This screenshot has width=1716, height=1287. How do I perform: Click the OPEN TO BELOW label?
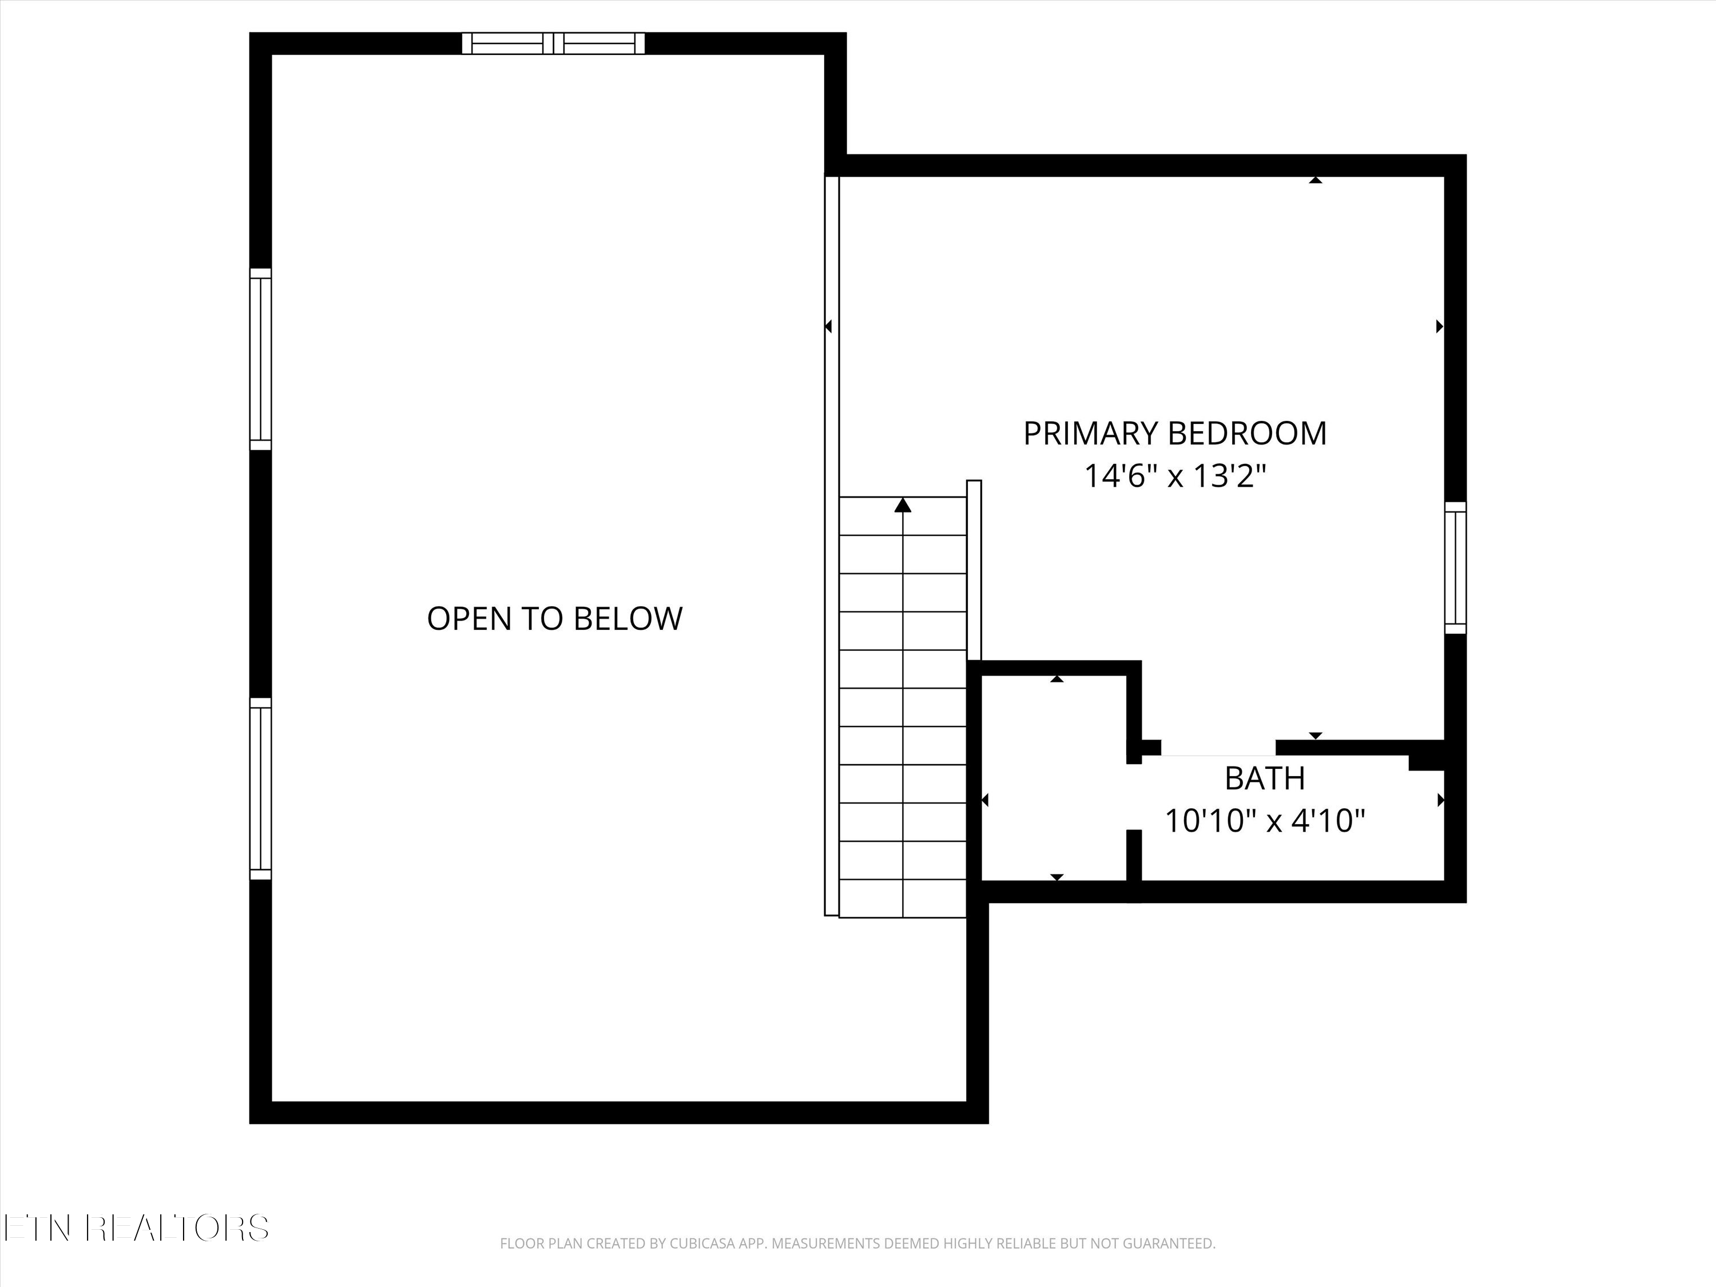(555, 619)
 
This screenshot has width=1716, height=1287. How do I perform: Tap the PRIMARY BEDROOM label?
(1174, 434)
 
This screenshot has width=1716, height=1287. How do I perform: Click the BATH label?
(1265, 778)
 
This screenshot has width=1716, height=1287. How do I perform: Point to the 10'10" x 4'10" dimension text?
(1265, 820)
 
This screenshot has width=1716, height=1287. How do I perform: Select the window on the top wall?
(553, 43)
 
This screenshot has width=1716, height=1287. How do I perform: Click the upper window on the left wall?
(261, 359)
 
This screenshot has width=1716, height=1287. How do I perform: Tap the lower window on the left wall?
(261, 788)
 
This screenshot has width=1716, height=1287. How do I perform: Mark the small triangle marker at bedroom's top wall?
(1315, 180)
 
